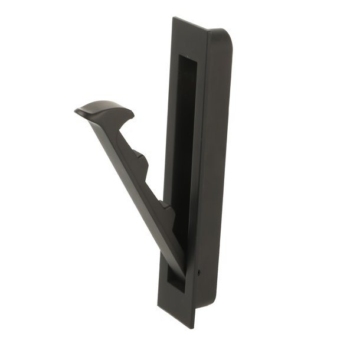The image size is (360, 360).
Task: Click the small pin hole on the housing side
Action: click(199, 273)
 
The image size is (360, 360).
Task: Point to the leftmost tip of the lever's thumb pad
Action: click(76, 110)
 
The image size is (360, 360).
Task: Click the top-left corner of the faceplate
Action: click(173, 18)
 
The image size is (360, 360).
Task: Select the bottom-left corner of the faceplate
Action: click(158, 307)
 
